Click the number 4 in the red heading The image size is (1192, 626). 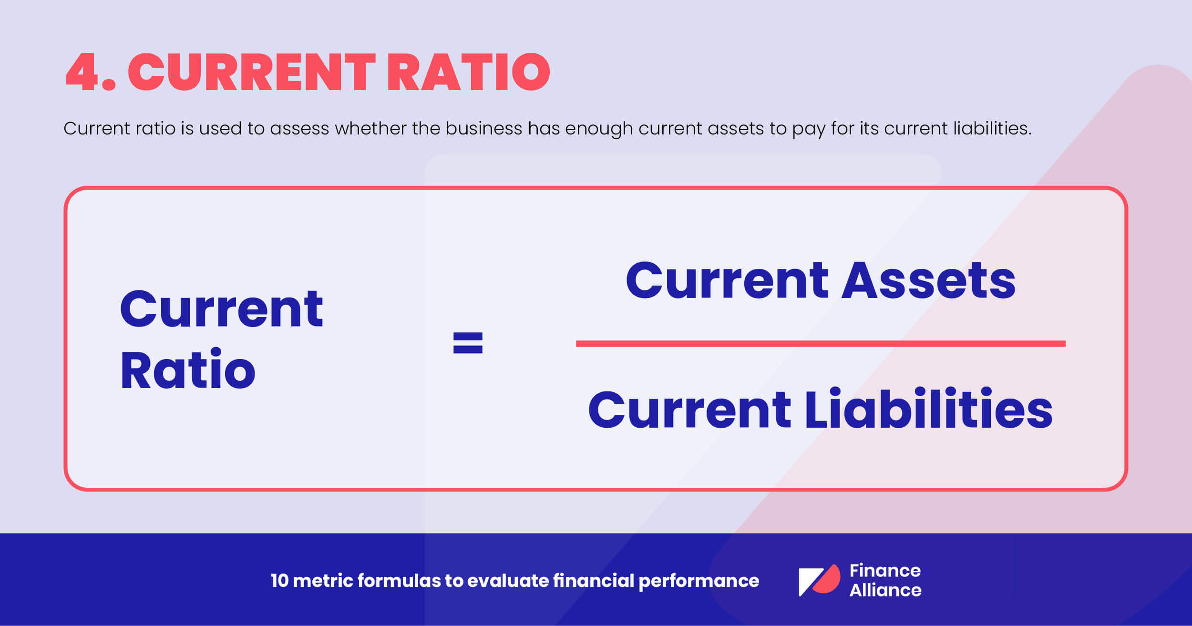[82, 72]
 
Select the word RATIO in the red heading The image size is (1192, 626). [469, 72]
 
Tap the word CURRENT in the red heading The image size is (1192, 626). [252, 72]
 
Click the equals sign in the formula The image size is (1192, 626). [467, 343]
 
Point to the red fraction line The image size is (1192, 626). [820, 344]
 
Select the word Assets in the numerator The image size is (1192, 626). [928, 281]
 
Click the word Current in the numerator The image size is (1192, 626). [727, 281]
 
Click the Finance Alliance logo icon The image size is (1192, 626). [819, 580]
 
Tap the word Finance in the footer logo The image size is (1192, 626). [885, 570]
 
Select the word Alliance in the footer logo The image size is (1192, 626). [885, 590]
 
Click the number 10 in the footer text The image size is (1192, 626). [279, 581]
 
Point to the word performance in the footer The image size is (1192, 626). [699, 581]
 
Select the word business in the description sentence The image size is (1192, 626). [483, 128]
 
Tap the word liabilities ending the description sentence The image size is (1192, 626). [992, 128]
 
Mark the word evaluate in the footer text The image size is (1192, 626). [508, 581]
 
